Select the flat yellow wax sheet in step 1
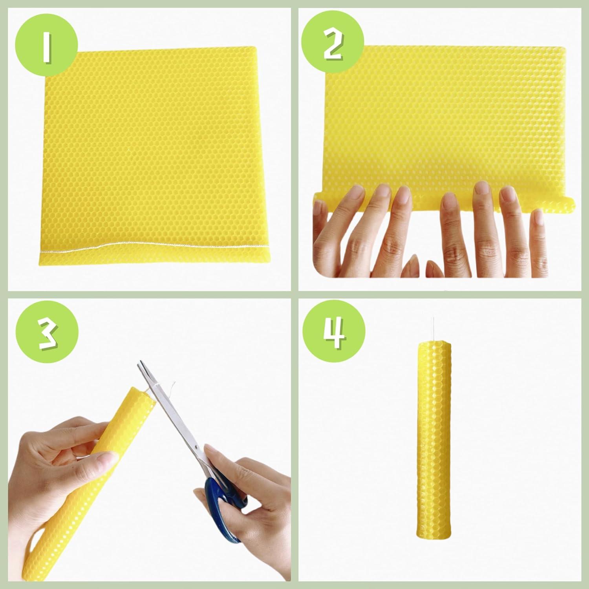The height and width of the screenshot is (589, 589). (153, 149)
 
